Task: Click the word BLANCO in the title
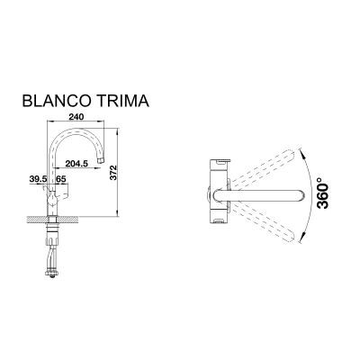click(x=57, y=101)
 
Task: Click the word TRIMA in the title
click(x=122, y=101)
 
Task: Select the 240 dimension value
click(x=76, y=117)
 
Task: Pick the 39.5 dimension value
click(x=39, y=179)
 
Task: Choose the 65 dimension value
click(x=61, y=179)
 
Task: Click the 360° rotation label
click(x=323, y=193)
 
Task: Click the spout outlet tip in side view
click(x=101, y=161)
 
